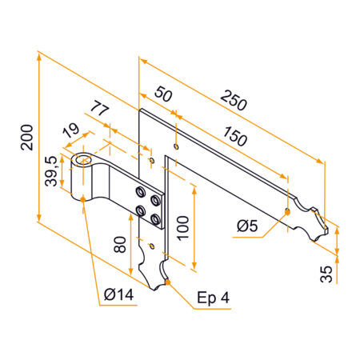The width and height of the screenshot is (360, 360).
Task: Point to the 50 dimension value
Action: point(162,94)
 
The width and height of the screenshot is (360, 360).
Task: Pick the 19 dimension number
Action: point(70,129)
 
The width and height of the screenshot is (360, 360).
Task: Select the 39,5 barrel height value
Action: point(50,170)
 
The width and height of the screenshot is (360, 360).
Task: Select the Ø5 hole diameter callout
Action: point(249,226)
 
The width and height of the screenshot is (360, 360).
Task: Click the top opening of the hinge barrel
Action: point(83,160)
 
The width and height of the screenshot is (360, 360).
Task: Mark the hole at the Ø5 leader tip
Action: point(286,212)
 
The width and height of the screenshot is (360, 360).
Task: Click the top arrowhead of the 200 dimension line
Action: point(38,54)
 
